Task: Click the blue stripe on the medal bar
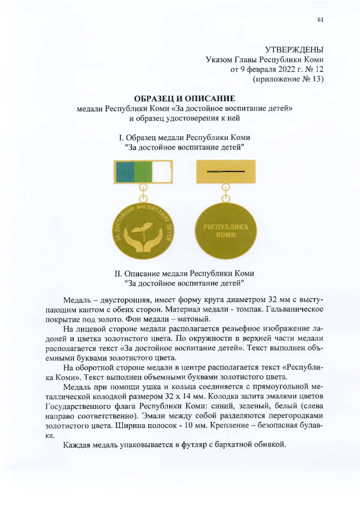(124, 171)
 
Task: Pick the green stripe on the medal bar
(143, 171)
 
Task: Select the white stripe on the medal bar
(162, 171)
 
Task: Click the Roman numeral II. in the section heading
(118, 274)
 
